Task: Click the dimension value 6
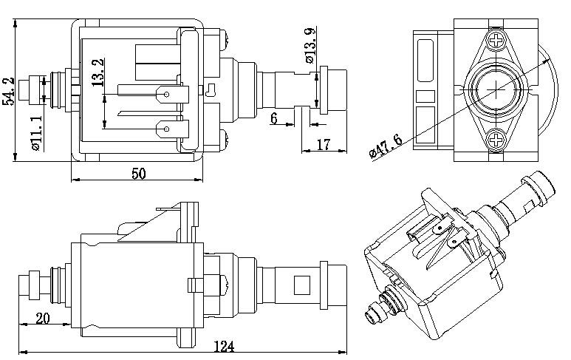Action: tap(274, 118)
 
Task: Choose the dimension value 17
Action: tap(323, 144)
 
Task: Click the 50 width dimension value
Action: tap(139, 173)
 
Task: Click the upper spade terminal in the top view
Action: tap(170, 95)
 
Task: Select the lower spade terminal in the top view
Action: tap(170, 133)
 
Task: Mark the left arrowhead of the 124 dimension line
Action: tap(21, 350)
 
